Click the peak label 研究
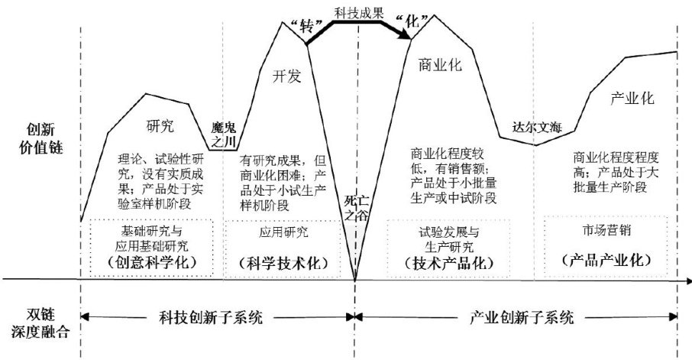pos(159,125)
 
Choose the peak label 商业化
pos(441,66)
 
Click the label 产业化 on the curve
pos(633,99)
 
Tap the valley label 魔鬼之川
pos(225,134)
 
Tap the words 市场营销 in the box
pos(605,230)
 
